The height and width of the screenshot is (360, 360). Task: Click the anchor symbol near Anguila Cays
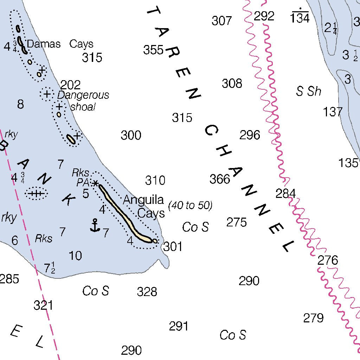(x=95, y=225)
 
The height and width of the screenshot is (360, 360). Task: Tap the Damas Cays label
(x=60, y=44)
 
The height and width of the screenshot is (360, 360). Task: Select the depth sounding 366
(x=220, y=179)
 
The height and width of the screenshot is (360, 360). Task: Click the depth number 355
(x=153, y=50)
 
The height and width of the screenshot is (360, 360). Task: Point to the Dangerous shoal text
(x=83, y=101)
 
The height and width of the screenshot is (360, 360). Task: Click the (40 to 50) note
(x=190, y=206)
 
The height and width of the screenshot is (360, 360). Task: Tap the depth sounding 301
(x=173, y=247)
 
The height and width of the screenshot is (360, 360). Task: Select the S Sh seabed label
(x=309, y=91)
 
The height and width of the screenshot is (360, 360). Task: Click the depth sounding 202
(x=70, y=85)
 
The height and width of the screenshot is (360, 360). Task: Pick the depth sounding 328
(x=147, y=291)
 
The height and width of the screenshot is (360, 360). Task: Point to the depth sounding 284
(x=285, y=193)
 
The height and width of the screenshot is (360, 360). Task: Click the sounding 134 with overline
(x=300, y=18)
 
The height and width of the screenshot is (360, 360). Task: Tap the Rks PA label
(x=81, y=178)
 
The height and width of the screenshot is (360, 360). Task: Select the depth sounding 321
(x=43, y=305)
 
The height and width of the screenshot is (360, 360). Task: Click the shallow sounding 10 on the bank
(x=75, y=256)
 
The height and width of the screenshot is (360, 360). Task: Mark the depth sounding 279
(x=313, y=318)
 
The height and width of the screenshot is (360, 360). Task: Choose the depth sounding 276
(x=328, y=261)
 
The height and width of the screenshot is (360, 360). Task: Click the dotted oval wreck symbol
(x=36, y=193)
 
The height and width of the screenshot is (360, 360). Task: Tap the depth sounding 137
(x=333, y=112)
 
